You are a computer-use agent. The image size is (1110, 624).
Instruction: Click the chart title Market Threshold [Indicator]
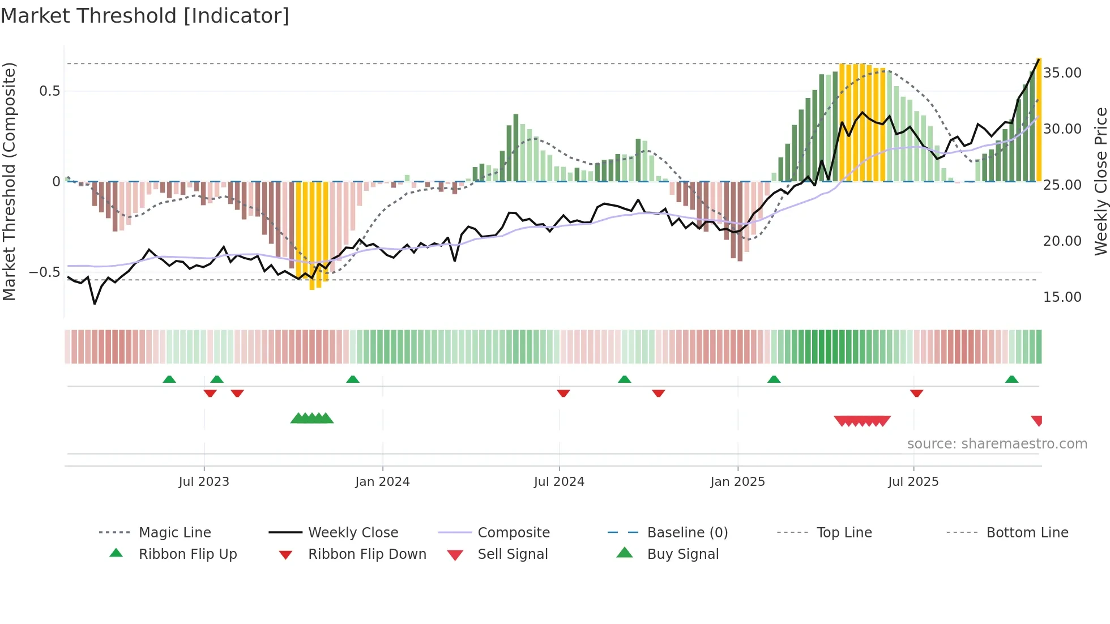coord(145,16)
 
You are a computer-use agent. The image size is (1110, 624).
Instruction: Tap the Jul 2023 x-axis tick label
coord(204,482)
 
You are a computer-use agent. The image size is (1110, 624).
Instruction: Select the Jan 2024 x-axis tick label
coord(382,482)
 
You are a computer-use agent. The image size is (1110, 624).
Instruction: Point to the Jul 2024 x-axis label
coord(559,482)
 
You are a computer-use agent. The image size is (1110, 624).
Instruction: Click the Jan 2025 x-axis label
coord(737,482)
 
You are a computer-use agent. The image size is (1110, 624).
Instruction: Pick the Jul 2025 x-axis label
coord(913,482)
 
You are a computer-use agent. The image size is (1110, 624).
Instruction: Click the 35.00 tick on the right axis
coord(1062,73)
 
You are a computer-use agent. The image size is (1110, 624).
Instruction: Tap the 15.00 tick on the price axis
coord(1062,297)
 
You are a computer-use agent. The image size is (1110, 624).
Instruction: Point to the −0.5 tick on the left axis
coord(44,272)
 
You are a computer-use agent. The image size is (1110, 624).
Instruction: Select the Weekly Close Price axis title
coord(1100,181)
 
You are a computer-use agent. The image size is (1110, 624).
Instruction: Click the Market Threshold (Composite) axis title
coord(9,181)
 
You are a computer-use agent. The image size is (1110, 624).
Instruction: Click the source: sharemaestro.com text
coord(997,444)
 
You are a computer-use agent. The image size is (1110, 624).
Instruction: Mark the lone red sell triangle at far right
coord(1037,420)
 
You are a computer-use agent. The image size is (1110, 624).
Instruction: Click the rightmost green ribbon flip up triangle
coord(1011,379)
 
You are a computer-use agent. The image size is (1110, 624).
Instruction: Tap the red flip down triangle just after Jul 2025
coord(916,393)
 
